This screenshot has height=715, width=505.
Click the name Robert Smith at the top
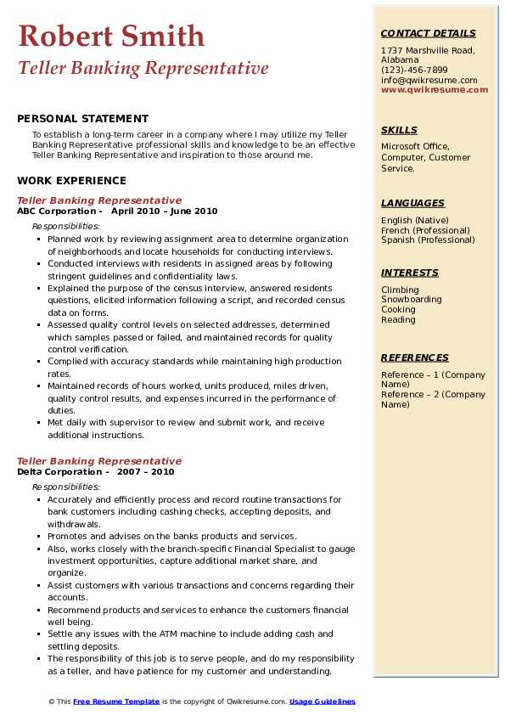click(x=110, y=36)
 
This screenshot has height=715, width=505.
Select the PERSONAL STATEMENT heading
click(x=82, y=119)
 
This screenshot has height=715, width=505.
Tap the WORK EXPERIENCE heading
click(x=71, y=181)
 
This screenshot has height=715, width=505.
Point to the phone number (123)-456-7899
click(x=414, y=70)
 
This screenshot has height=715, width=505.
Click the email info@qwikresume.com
click(x=429, y=80)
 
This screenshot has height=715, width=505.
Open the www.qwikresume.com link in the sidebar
click(x=435, y=89)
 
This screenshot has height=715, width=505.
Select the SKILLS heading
click(x=399, y=131)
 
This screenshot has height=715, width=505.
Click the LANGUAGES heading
click(x=412, y=204)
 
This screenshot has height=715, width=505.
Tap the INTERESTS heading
click(x=410, y=273)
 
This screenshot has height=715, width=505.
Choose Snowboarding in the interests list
click(x=412, y=300)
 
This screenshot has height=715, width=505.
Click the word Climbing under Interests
click(x=400, y=290)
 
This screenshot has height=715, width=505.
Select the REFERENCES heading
click(x=414, y=358)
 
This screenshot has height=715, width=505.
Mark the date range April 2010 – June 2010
click(x=165, y=211)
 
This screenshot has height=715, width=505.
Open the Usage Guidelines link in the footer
click(x=323, y=701)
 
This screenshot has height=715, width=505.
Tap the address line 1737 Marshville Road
click(x=428, y=50)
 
